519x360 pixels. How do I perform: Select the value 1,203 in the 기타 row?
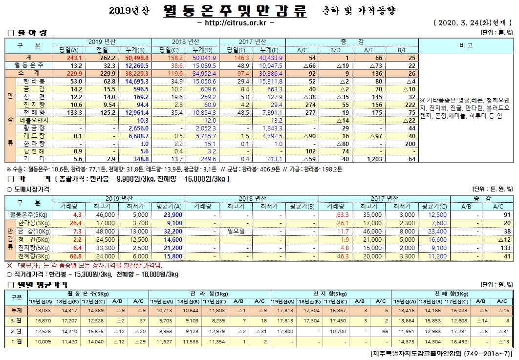[x=372, y=159]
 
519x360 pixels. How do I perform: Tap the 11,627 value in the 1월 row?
[x=161, y=341]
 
